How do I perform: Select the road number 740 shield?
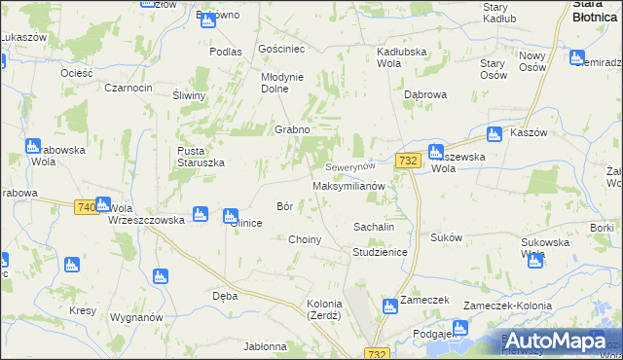tap(85, 206)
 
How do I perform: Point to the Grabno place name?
tap(292, 129)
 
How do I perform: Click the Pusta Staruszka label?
tap(201, 157)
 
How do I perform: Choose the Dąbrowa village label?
tap(424, 95)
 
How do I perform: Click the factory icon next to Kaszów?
tap(494, 133)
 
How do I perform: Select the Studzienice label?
tap(379, 252)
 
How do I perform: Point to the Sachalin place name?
tap(373, 227)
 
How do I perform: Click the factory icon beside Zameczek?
tap(389, 307)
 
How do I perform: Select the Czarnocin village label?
tap(129, 88)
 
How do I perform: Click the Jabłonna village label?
tap(265, 346)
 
